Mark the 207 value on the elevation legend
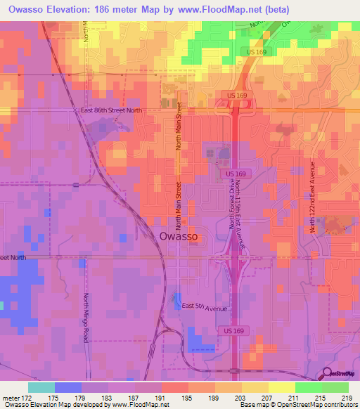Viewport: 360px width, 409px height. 268,397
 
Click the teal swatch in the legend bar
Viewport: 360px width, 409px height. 41,387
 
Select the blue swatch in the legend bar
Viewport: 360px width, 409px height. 67,387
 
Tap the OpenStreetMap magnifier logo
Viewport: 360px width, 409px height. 327,374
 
